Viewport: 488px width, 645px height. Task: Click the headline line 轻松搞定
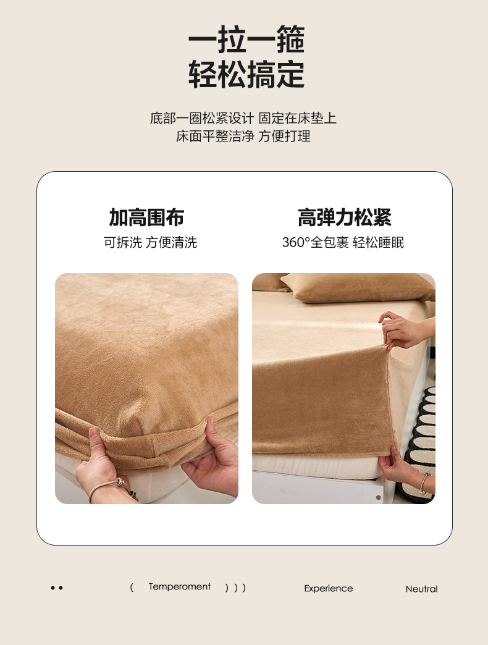pos(246,75)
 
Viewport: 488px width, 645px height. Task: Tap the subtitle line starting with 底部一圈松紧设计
pos(243,118)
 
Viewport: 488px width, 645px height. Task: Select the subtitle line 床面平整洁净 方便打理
pos(243,136)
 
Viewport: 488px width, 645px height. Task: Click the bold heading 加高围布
pos(146,217)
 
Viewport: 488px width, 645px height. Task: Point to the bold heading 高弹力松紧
pos(344,217)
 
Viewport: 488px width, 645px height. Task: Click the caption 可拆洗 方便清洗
pos(150,242)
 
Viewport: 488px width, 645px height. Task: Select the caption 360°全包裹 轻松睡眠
pos(343,242)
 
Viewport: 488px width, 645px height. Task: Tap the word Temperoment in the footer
pos(180,586)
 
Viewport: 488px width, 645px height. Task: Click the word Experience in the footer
pos(329,589)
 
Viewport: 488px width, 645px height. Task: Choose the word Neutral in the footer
pos(421,589)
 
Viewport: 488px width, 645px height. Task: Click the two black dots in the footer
pos(57,588)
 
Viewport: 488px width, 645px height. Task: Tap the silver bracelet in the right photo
pos(424,483)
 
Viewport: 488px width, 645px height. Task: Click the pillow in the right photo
pos(353,287)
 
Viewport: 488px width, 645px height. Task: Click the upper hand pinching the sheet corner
pos(403,330)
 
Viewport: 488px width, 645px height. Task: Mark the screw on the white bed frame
pos(378,498)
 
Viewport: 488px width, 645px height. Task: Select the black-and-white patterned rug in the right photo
pos(421,440)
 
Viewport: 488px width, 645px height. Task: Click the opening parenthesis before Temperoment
pos(132,587)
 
